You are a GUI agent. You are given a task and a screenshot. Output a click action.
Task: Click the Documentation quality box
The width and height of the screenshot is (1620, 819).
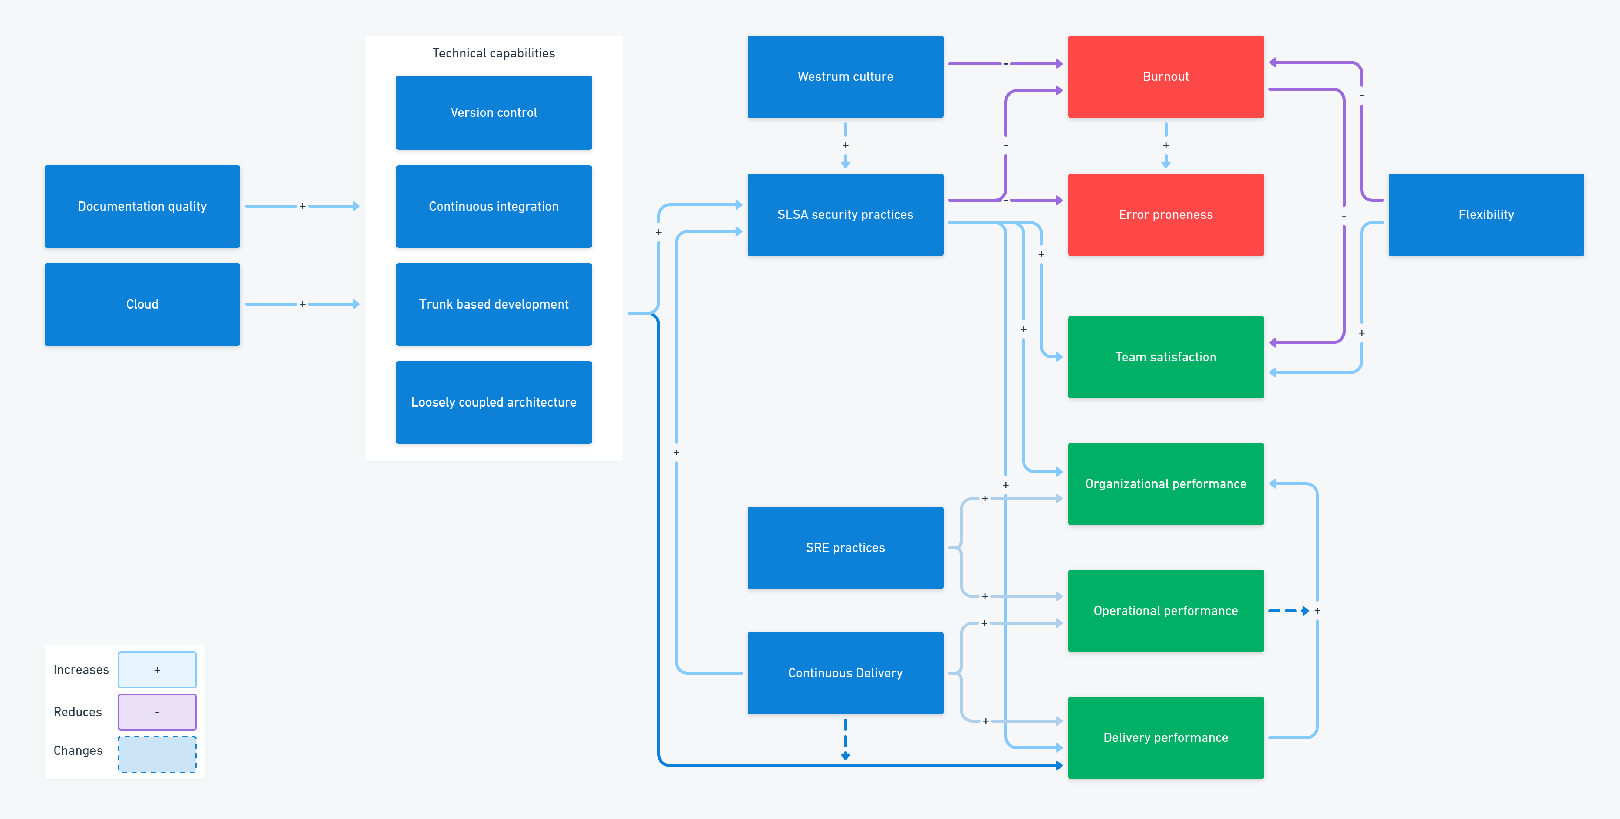142,206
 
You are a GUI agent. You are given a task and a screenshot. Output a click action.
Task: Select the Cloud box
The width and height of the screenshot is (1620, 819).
142,305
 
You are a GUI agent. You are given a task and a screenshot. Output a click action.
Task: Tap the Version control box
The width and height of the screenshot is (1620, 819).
494,113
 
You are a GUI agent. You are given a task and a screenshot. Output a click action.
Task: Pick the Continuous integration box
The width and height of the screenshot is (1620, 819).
494,206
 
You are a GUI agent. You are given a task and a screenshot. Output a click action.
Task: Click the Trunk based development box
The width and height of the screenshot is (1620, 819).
494,305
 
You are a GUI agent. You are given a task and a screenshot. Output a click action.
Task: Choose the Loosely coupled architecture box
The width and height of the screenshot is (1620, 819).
494,402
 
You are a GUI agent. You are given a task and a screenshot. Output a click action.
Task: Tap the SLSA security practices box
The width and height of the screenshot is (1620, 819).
845,214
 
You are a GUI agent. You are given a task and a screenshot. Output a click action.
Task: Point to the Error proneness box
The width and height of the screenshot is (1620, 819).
1165,214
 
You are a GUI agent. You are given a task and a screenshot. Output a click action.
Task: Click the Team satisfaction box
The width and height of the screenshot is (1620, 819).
1165,357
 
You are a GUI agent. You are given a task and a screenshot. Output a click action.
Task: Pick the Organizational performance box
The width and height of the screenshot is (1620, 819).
1165,484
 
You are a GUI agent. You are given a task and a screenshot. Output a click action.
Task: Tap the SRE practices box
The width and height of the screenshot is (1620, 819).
845,548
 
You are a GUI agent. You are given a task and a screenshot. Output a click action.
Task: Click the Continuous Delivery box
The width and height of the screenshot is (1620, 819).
845,673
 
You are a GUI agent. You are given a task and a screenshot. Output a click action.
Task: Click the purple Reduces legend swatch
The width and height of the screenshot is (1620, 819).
157,712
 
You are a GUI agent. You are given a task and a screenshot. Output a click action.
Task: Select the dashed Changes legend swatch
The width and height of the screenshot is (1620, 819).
157,754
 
